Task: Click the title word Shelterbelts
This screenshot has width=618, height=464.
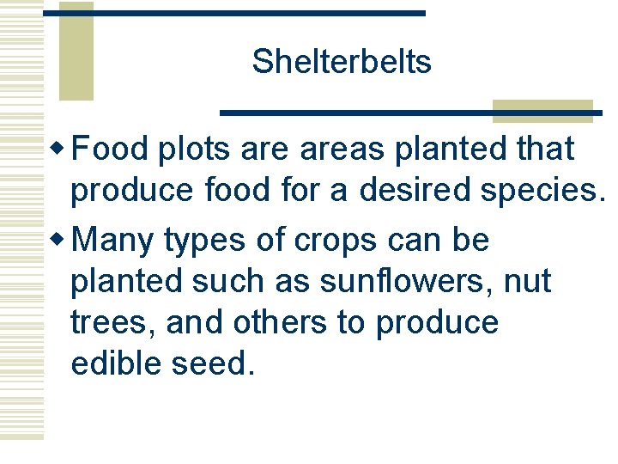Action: point(342,62)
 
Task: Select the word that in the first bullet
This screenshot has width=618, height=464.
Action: point(545,150)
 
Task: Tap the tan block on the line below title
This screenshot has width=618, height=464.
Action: point(542,111)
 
